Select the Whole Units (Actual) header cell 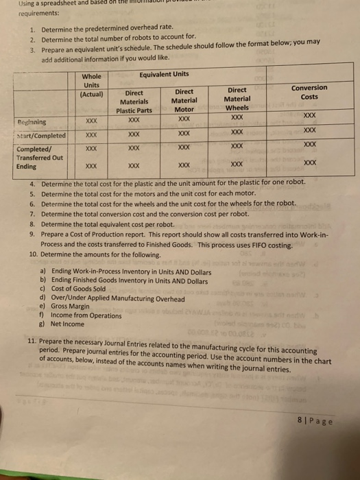click(91, 84)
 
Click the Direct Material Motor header click(184, 100)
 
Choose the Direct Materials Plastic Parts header click(134, 101)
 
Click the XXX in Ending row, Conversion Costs click(309, 163)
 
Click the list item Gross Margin click(73, 307)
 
